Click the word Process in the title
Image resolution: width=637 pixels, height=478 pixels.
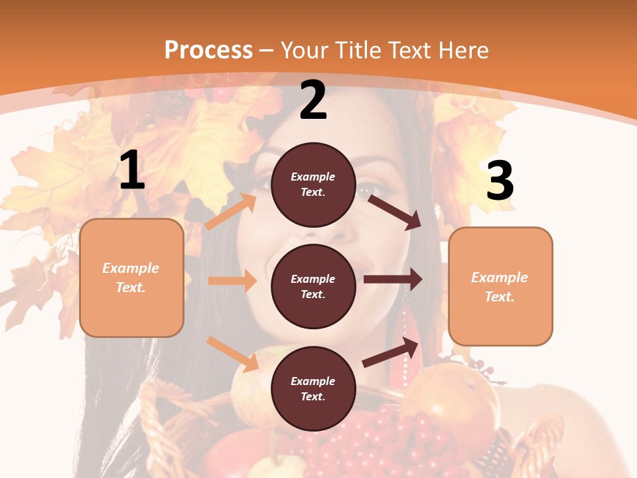point(208,50)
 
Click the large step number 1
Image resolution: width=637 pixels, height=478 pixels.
point(132,171)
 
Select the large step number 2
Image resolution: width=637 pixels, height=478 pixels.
point(313,100)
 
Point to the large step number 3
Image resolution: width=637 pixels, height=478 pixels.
point(500,181)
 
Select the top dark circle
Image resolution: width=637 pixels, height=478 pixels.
point(313,185)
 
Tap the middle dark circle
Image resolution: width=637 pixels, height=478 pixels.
point(313,286)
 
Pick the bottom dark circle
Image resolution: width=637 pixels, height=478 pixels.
point(313,388)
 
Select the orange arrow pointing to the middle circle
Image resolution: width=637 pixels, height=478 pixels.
point(232,281)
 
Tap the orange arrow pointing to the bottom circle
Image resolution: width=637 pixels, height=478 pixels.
point(233,354)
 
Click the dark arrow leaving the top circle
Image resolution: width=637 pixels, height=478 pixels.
point(395,212)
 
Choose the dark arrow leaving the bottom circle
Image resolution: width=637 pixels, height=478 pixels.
point(391,352)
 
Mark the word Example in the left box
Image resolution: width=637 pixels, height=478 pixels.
point(131,268)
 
